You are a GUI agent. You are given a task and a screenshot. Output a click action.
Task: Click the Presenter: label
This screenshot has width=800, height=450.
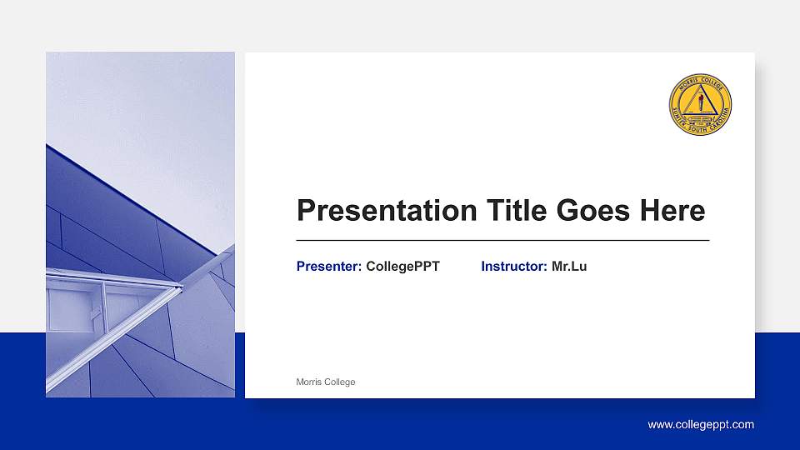pyautogui.click(x=329, y=267)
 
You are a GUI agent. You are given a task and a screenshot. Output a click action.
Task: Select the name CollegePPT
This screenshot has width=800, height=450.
pyautogui.click(x=402, y=267)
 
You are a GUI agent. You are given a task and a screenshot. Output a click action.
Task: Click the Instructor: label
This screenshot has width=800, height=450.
pyautogui.click(x=514, y=267)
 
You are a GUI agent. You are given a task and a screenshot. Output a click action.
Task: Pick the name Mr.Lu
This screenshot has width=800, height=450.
pyautogui.click(x=569, y=267)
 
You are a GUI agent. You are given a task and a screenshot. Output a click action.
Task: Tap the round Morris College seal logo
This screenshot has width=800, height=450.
pyautogui.click(x=701, y=104)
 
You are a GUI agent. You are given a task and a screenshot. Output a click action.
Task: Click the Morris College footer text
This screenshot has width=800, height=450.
pyautogui.click(x=326, y=382)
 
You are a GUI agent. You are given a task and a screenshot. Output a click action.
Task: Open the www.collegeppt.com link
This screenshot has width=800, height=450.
pyautogui.click(x=701, y=425)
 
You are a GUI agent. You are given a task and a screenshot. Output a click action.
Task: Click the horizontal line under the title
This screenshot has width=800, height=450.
pyautogui.click(x=502, y=240)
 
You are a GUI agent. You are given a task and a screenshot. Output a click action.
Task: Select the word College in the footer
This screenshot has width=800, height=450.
pyautogui.click(x=341, y=382)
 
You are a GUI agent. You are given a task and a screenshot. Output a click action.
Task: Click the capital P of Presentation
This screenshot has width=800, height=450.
pyautogui.click(x=306, y=211)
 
